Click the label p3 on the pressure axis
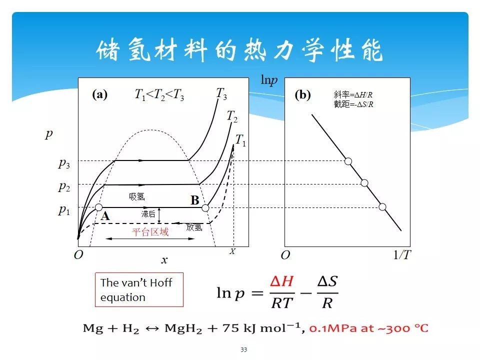[63, 163]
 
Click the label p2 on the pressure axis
[63, 187]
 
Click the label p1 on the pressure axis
[63, 210]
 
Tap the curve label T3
[221, 93]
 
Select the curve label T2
[232, 117]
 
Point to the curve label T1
[241, 141]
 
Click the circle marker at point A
[99, 207]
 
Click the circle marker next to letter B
[205, 207]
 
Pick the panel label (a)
[99, 95]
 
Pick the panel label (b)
[302, 95]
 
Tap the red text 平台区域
[150, 232]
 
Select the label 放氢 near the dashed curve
[194, 227]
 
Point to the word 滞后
[148, 214]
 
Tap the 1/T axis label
[402, 255]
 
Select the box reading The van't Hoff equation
[139, 289]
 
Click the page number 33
[243, 349]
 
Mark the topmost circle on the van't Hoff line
[348, 161]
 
